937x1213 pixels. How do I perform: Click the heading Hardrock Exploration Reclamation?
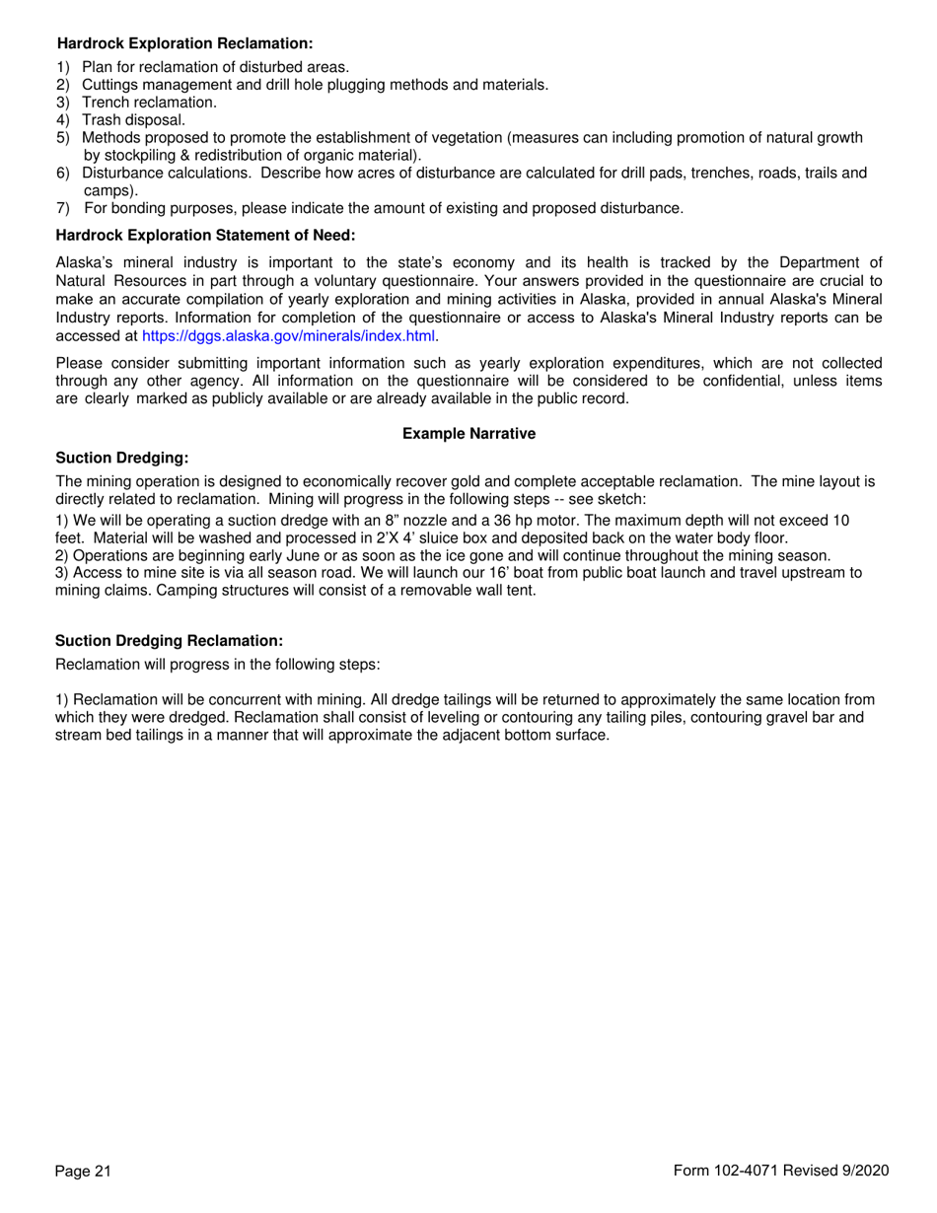point(185,44)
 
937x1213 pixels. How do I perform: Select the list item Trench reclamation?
point(149,103)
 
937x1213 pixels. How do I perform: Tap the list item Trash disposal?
point(133,120)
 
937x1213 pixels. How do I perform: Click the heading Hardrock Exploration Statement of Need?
point(205,235)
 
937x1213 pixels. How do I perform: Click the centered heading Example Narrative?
point(468,434)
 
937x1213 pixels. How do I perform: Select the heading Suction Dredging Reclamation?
point(169,641)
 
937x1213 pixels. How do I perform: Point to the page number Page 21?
point(83,1171)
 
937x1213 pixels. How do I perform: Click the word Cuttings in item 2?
point(110,85)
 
